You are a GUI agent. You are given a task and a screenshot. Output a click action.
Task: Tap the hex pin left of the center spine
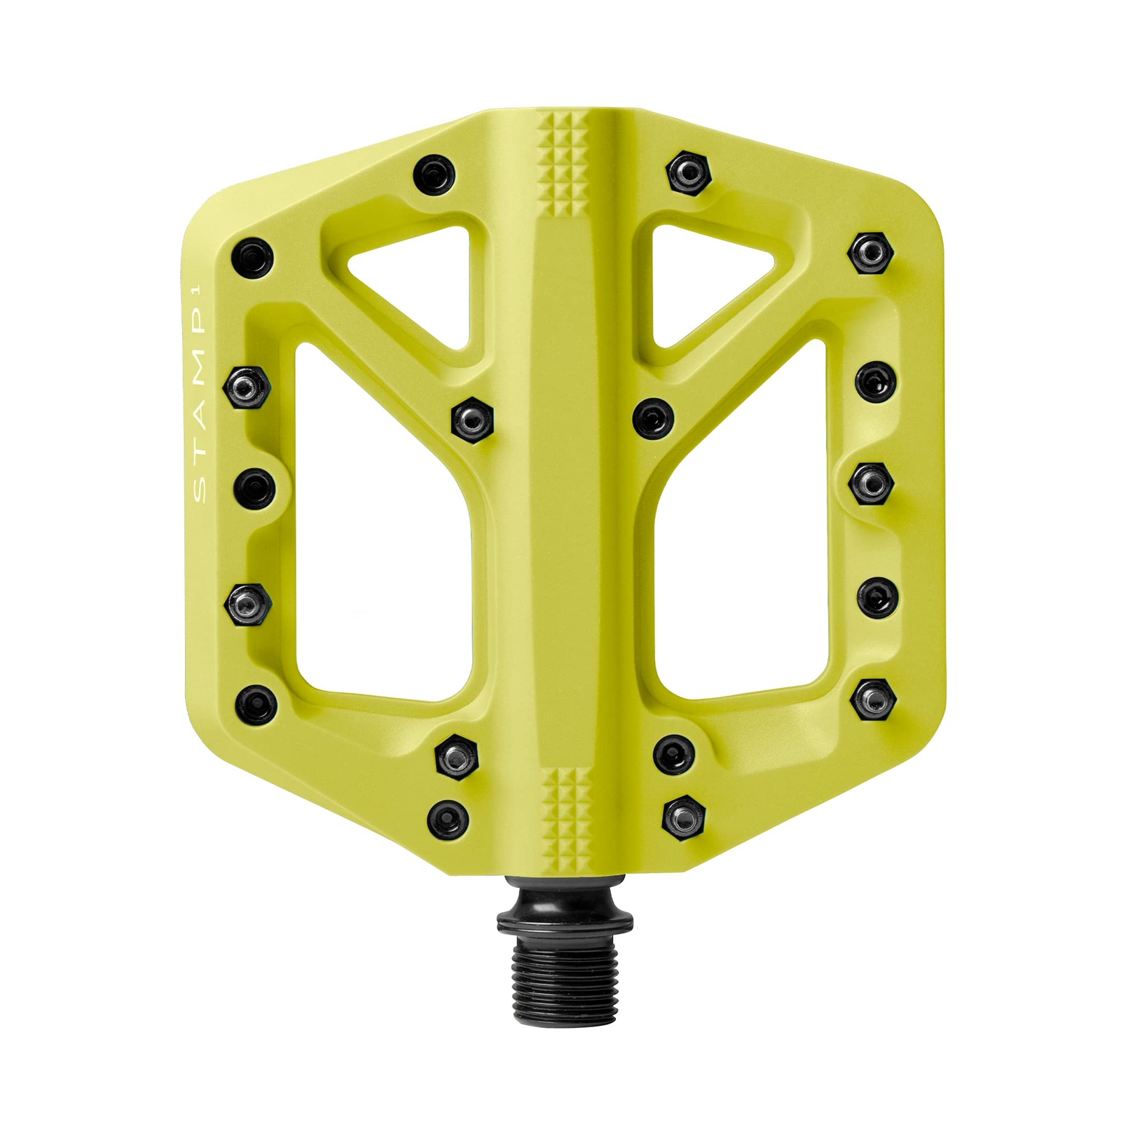(473, 418)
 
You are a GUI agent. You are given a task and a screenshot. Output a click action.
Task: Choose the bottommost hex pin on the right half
(683, 816)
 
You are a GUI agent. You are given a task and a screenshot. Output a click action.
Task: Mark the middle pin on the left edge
(254, 488)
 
